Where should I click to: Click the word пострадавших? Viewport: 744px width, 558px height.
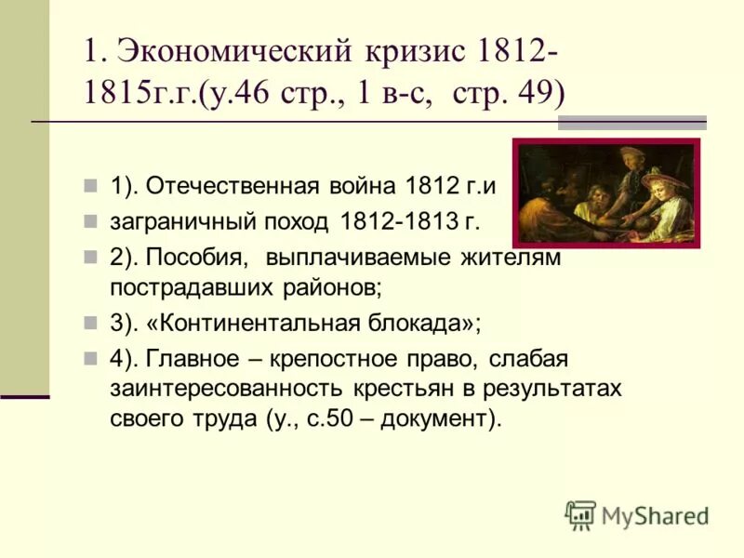[192, 286]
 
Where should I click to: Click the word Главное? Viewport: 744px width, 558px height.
[194, 359]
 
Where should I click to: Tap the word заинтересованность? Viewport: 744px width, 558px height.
[226, 388]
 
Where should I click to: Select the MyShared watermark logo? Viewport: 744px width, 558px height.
[638, 514]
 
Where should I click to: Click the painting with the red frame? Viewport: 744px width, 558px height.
[605, 193]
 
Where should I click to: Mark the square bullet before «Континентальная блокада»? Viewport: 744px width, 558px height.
[90, 323]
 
